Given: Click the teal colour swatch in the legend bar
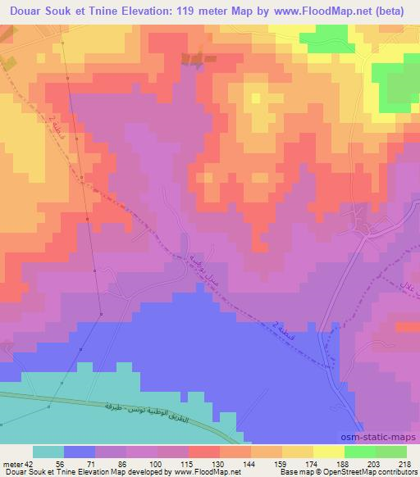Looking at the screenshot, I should coord(48,452).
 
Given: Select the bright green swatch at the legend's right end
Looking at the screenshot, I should coord(390,452).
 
